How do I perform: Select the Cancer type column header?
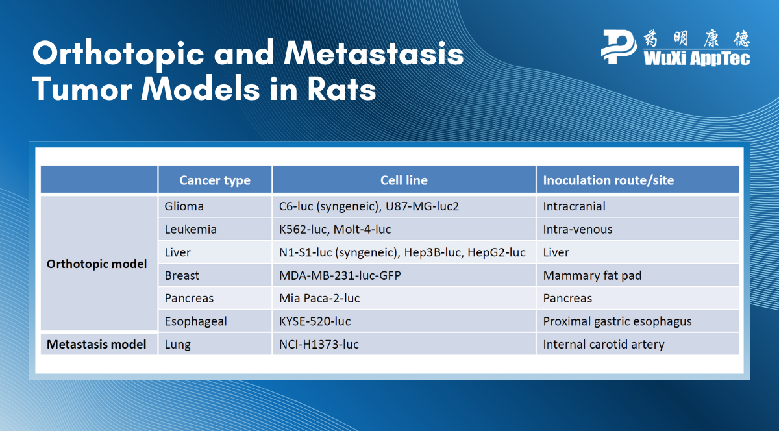[215, 180]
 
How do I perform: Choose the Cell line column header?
[404, 180]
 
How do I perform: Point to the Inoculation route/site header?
[608, 180]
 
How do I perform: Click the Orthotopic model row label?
[97, 264]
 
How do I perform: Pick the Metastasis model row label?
[97, 344]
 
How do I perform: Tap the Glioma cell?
[184, 206]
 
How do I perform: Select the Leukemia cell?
[191, 229]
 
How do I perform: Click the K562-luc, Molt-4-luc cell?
[335, 229]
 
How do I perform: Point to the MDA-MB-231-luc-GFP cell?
[340, 275]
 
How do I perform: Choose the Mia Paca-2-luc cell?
[319, 299]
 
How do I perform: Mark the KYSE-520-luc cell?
[315, 321]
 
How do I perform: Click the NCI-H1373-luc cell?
[319, 344]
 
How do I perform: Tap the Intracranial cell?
[574, 206]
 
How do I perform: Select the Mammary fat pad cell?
[592, 275]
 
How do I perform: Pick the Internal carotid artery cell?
[604, 344]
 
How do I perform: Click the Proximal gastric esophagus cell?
[617, 321]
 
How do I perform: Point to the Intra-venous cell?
[578, 229]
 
